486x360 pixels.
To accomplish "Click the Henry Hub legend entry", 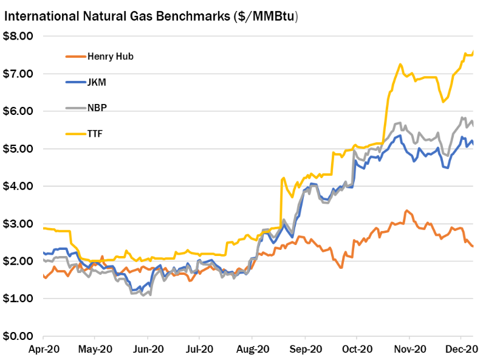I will [110, 57].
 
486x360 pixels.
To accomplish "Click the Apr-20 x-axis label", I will [43, 350].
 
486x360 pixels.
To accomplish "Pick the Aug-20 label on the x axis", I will [252, 350].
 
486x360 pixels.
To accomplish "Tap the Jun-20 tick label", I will [148, 350].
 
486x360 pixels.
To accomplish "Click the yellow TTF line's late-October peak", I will [400, 64].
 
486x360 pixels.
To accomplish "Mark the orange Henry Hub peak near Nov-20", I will [406, 211].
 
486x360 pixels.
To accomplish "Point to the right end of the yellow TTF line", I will [473, 52].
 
